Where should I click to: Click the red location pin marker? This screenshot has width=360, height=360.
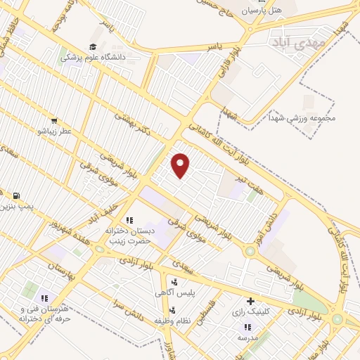[181, 165]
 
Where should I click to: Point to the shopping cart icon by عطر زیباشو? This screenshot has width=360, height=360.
[54, 121]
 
